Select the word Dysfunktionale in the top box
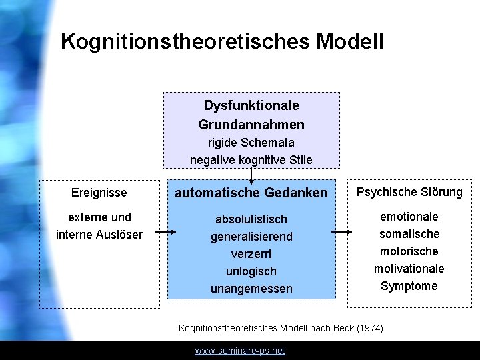point(251,105)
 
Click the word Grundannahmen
point(251,125)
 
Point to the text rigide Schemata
point(251,142)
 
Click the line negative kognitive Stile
point(251,159)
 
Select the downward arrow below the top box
point(251,175)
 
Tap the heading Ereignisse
point(99,193)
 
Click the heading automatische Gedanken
point(251,193)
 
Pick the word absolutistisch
point(251,219)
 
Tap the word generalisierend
point(251,237)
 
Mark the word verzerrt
point(251,254)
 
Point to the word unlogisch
point(251,271)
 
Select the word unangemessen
point(251,289)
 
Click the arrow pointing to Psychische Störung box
point(341,232)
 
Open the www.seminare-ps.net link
point(240,351)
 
